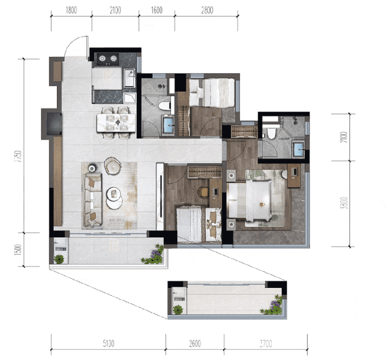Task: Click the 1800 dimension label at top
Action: coord(71,10)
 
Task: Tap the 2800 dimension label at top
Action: coord(207,10)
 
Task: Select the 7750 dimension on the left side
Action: coord(18,156)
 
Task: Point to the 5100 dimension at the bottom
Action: coord(109,344)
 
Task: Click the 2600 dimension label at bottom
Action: coord(195,344)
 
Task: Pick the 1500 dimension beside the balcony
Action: coord(18,250)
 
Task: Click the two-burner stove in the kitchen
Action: coord(108,59)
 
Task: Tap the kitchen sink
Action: coord(130,78)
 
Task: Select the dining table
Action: coord(116,123)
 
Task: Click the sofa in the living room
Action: coord(93,200)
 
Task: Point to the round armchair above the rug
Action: coord(112,165)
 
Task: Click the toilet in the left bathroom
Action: coord(165,106)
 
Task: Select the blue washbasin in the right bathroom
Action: coord(298,149)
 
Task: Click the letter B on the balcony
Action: coord(114,245)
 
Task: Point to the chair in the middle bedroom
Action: coord(203,192)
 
